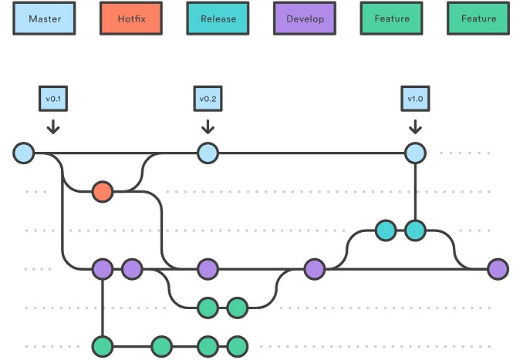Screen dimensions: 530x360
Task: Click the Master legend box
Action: coord(44,19)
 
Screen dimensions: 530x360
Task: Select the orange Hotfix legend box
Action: coord(131,19)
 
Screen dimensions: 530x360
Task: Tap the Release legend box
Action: coord(218,19)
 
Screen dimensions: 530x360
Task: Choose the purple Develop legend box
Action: coord(305,19)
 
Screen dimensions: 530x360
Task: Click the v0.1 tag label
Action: coord(53,99)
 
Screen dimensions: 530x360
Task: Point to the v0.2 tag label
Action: coord(208,99)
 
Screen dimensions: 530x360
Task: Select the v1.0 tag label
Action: coord(415,99)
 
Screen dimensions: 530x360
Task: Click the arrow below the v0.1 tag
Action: coord(53,126)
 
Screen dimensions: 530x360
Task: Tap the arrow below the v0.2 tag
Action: coord(208,126)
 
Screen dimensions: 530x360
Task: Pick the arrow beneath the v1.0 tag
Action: coord(415,126)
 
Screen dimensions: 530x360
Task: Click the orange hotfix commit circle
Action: coord(103,192)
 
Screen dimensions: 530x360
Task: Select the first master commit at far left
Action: coord(24,153)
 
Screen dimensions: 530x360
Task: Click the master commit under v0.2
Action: coord(208,153)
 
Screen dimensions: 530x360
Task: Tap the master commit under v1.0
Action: coord(415,153)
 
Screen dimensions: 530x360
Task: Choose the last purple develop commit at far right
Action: coord(498,269)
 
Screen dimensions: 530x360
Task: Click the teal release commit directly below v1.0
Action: coord(415,230)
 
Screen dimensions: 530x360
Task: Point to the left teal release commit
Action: coord(386,230)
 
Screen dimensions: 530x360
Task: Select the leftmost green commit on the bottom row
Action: coord(103,346)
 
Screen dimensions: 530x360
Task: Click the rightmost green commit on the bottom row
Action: coord(238,346)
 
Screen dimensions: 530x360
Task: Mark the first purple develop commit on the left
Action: coord(103,269)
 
